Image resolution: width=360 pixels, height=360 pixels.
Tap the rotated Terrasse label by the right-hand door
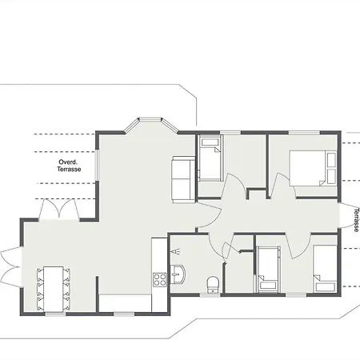click(356, 220)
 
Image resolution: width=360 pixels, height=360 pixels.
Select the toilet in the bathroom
click(213, 285)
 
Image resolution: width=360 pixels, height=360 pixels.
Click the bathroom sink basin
click(178, 274)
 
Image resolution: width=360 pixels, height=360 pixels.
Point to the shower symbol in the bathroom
click(175, 251)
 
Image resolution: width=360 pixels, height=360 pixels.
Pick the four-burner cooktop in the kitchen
click(160, 279)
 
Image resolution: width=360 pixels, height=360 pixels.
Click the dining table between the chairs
click(54, 289)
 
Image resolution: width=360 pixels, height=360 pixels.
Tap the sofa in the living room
click(183, 180)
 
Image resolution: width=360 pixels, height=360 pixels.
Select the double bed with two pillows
click(313, 169)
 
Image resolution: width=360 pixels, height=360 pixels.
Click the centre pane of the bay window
click(150, 119)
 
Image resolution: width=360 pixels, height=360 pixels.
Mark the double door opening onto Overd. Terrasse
click(59, 210)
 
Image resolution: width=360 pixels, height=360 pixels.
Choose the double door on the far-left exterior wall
click(10, 266)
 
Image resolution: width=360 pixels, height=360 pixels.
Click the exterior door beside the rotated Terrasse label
click(348, 215)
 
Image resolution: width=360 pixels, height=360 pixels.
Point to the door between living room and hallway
click(209, 215)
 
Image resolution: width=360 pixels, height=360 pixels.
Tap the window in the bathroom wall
click(210, 294)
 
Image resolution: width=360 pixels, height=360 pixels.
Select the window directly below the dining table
click(55, 314)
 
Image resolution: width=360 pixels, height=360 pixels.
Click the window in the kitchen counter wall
click(124, 314)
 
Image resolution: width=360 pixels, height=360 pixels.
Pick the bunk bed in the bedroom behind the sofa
click(210, 158)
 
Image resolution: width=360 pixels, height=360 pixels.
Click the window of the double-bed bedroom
click(304, 133)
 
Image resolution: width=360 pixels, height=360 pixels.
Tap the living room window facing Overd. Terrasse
click(98, 165)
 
